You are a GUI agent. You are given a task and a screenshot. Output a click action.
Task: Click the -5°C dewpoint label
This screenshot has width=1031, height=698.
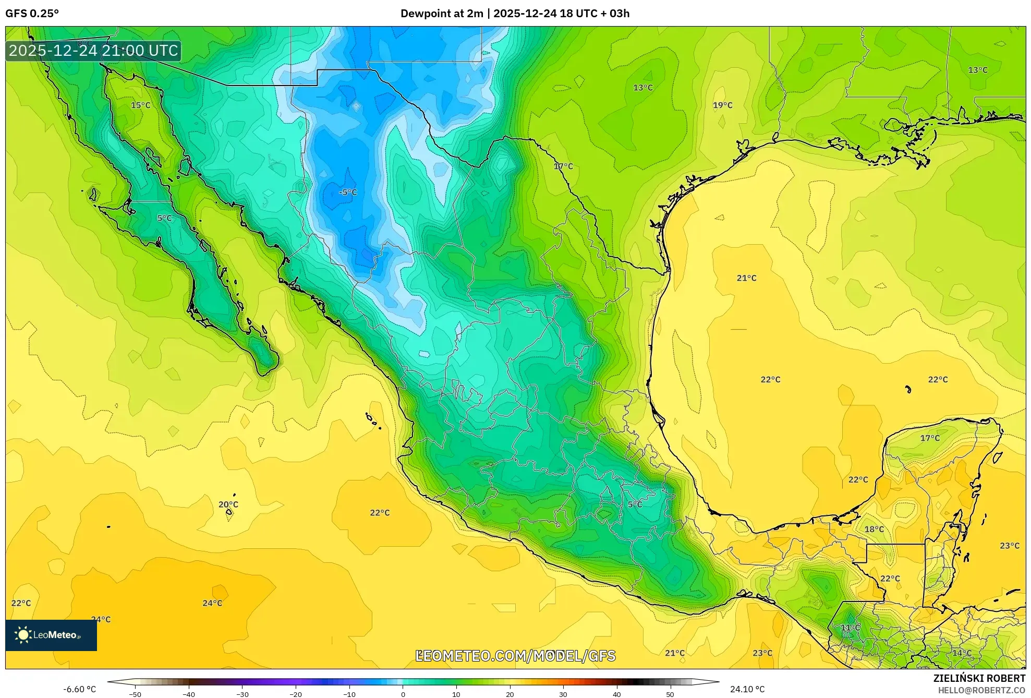[348, 192]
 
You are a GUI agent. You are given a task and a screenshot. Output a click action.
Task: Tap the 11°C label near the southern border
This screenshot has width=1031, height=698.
[850, 628]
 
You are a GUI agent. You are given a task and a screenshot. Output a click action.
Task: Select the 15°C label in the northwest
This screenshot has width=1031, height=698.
[140, 105]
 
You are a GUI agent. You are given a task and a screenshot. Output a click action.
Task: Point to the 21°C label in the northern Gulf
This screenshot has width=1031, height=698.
[746, 278]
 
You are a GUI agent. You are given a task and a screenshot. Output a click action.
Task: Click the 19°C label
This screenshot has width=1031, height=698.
[722, 105]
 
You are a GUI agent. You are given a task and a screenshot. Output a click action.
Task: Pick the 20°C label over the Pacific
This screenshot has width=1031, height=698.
[228, 504]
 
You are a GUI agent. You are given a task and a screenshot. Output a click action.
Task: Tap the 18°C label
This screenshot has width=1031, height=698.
[874, 529]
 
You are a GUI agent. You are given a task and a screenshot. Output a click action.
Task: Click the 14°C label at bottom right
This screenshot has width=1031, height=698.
[962, 653]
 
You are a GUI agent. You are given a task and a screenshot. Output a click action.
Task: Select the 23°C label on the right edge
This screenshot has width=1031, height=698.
[1009, 546]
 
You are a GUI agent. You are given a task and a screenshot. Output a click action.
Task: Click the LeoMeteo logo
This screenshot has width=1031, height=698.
[51, 635]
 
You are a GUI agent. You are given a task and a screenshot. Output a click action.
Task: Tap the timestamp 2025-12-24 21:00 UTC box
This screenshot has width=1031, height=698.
[93, 51]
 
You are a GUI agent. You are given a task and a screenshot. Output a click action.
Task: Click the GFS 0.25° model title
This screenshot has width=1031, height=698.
[32, 14]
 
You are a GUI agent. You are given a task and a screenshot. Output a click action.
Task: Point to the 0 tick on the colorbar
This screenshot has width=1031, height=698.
[403, 694]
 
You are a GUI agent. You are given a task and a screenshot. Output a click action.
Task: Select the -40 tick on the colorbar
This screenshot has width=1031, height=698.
[189, 694]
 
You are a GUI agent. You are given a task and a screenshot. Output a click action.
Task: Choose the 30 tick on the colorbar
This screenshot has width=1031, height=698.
[563, 694]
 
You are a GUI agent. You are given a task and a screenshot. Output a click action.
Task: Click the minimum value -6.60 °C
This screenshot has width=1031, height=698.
[79, 689]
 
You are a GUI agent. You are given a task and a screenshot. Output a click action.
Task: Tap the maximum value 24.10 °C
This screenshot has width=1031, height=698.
[747, 689]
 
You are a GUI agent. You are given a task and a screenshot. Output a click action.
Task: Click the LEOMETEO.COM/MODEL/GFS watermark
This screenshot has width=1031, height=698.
[515, 656]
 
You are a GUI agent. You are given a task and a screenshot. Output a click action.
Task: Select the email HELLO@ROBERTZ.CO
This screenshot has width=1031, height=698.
[981, 690]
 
